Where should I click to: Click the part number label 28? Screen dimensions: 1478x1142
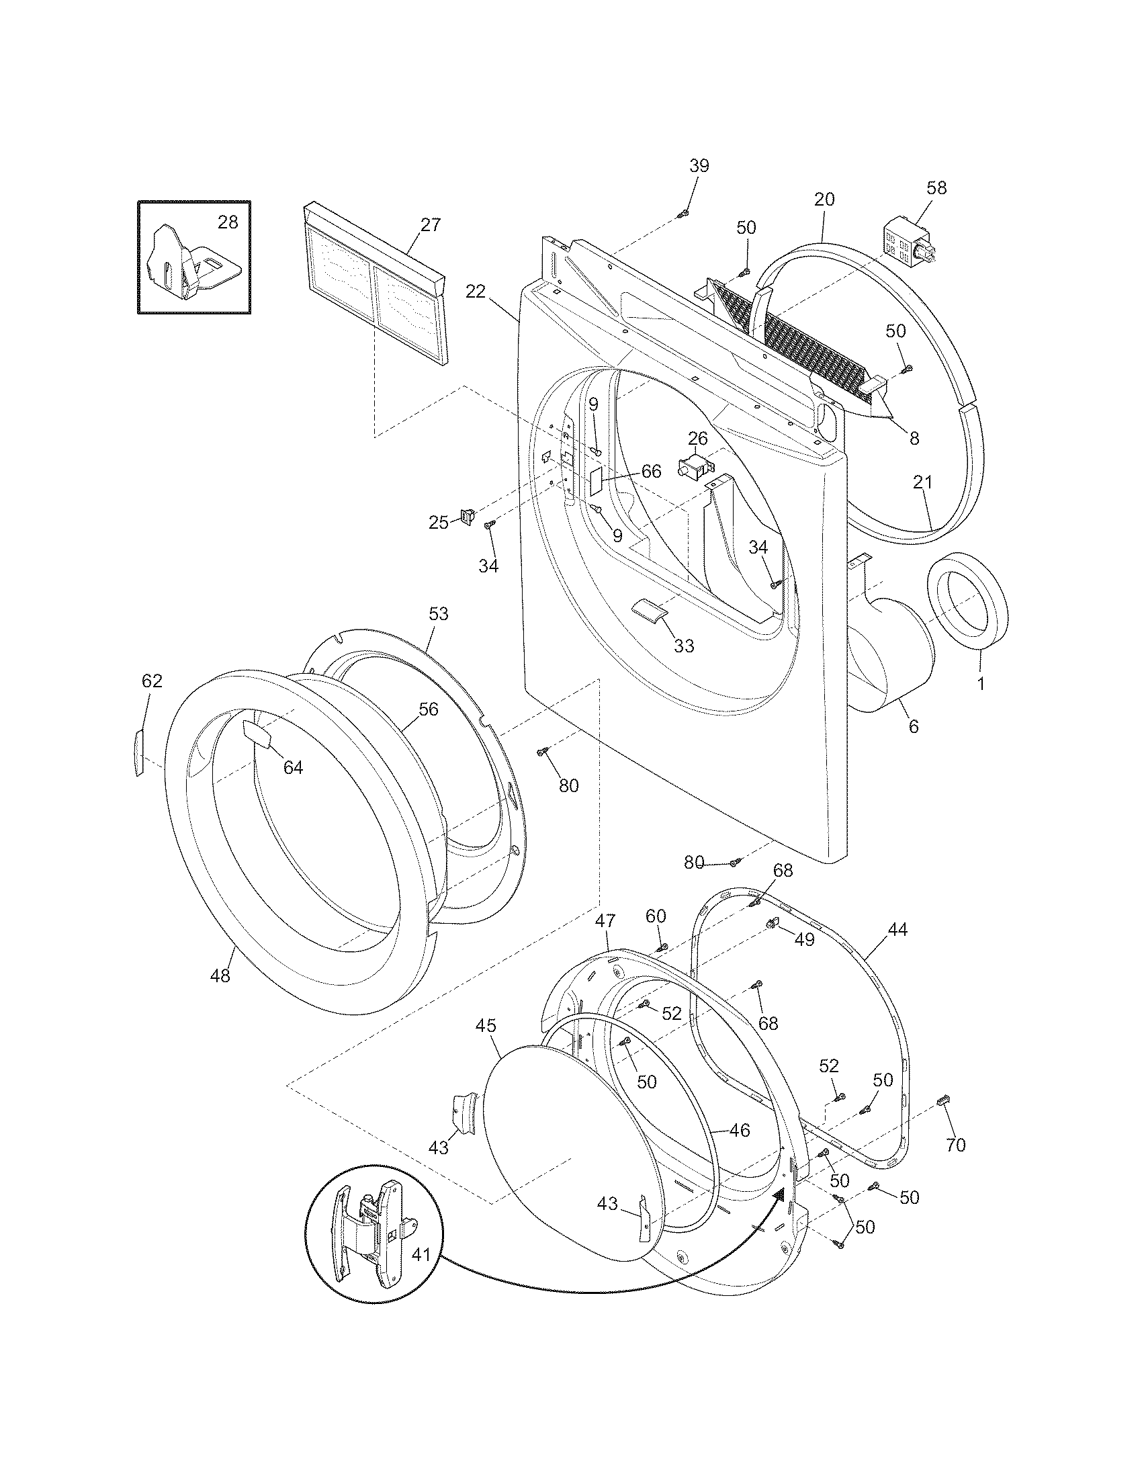[228, 222]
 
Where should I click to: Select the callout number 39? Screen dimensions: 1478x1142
[699, 166]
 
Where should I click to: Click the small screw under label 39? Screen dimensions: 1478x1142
[683, 214]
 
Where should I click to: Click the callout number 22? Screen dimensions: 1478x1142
[476, 292]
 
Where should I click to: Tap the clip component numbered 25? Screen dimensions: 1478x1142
[467, 518]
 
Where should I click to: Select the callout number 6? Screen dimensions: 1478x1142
[914, 726]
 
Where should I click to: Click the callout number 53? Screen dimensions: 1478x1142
[439, 614]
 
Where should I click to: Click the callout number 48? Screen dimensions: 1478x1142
[220, 975]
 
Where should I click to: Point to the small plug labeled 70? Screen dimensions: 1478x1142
[943, 1102]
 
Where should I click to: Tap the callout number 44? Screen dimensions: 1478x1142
[897, 930]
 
